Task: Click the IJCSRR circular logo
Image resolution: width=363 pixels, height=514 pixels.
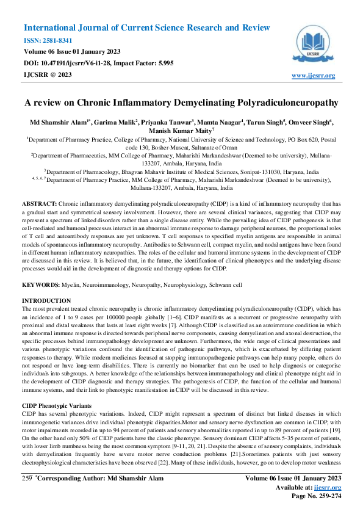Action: (x=314, y=44)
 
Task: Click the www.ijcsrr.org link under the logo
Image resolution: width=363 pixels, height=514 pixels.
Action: (x=314, y=75)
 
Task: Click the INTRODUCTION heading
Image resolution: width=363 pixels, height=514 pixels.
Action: (x=46, y=301)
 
